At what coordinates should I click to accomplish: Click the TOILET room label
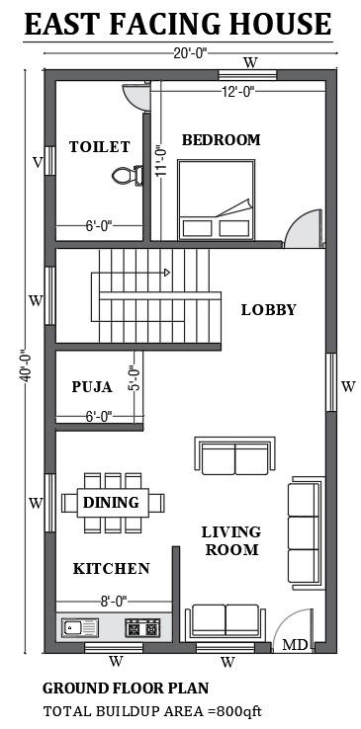coord(100,147)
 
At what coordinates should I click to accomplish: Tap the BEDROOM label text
coord(221,139)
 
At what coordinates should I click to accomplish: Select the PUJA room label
coord(92,387)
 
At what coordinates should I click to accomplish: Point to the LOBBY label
coord(268,309)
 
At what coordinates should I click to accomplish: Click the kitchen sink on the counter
coord(80,627)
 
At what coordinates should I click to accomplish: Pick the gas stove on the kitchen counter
coord(142,628)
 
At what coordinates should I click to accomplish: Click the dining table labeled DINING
coord(113,503)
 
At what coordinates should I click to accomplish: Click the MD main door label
coord(296,645)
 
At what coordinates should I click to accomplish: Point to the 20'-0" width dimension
coord(190,53)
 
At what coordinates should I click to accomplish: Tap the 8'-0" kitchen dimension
coord(114,602)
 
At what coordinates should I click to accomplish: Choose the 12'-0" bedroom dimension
coord(237,92)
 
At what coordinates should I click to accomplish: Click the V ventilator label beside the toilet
coord(38,162)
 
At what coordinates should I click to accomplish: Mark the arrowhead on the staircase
coord(167,273)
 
